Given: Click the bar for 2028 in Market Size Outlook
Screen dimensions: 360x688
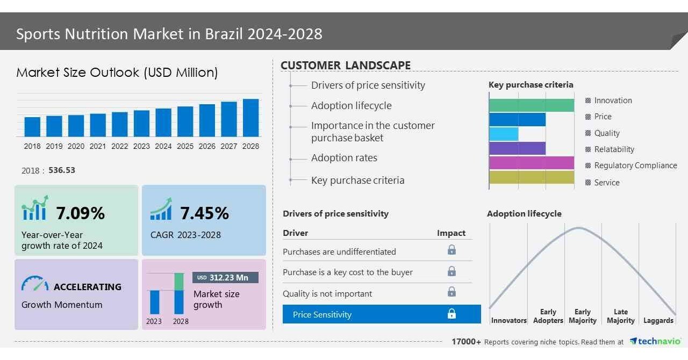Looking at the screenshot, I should [x=250, y=118].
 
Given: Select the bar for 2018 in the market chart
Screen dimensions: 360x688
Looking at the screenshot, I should [x=32, y=126].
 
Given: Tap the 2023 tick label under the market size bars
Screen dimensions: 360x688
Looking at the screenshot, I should [x=141, y=146].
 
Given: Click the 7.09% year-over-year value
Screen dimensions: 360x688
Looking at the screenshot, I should [x=80, y=213].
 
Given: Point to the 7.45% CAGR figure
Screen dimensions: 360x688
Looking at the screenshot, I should [x=204, y=213].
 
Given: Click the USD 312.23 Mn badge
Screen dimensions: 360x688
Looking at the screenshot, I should [x=225, y=277].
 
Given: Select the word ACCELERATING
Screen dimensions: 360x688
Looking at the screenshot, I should [x=87, y=287].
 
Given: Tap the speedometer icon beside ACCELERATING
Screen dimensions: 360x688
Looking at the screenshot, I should [x=35, y=284].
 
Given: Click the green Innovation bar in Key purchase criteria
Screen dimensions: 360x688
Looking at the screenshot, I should [x=531, y=105].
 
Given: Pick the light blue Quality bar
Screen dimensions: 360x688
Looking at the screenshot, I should [x=504, y=134].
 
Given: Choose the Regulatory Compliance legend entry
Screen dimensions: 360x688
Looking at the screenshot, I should [x=635, y=165].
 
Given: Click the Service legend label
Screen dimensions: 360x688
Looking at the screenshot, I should [x=606, y=183].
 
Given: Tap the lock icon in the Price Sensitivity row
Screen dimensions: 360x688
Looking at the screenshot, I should [x=451, y=314].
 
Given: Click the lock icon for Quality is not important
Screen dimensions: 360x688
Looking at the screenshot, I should [x=451, y=292].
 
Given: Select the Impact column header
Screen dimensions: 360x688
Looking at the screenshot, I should [x=451, y=233].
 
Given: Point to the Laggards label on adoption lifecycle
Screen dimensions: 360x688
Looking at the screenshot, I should [x=658, y=320].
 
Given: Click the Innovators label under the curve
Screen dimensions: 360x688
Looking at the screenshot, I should [x=508, y=320].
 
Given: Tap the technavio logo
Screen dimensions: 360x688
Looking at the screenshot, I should [x=655, y=341].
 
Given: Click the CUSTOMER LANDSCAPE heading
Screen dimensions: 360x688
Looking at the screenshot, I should [x=345, y=66].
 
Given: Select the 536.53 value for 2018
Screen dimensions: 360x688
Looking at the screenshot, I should [x=62, y=170].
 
